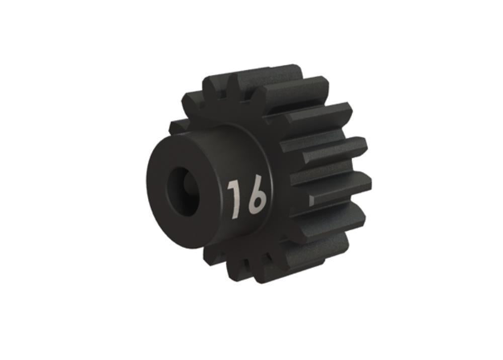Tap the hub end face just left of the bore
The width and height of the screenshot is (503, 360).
[x=158, y=186]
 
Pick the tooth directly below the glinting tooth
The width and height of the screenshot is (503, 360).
[x=329, y=221]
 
